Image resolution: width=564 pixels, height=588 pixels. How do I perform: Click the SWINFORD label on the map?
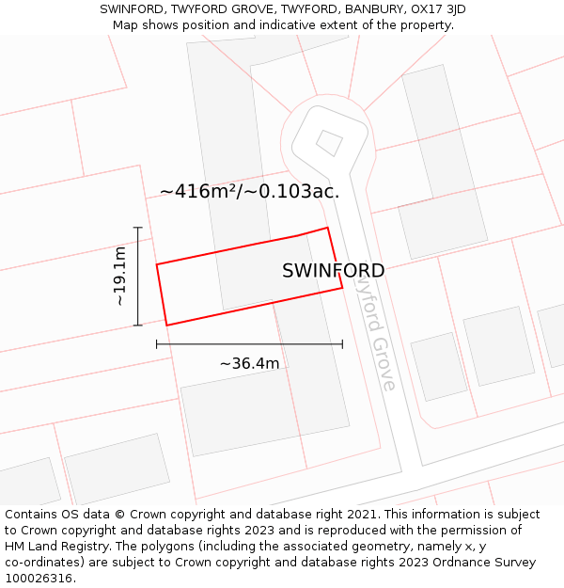pos(333,271)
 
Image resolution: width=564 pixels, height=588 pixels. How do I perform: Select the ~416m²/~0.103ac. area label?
pos(249,192)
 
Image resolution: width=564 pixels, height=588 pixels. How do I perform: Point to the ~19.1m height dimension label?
pos(119,276)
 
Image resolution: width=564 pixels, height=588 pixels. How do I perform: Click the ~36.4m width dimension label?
pos(249,364)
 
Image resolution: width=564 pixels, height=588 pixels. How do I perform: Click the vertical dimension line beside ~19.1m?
pos(138,276)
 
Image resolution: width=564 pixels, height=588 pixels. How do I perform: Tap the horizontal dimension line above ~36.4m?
pos(249,344)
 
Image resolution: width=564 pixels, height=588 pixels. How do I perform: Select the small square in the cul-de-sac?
pos(329,143)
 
